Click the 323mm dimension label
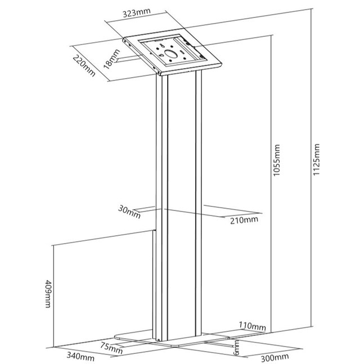(137, 13)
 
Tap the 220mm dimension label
(84, 65)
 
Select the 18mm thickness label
(112, 59)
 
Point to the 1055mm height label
(276, 160)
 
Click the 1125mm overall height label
(316, 159)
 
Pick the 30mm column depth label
(129, 212)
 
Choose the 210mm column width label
(244, 220)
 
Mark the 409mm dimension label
(48, 294)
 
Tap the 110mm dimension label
(253, 326)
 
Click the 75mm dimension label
(111, 348)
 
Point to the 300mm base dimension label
(275, 357)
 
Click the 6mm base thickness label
(236, 348)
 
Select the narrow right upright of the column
(199, 203)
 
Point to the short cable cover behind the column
(154, 284)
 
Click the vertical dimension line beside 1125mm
(311, 167)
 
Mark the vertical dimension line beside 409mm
(53, 296)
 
